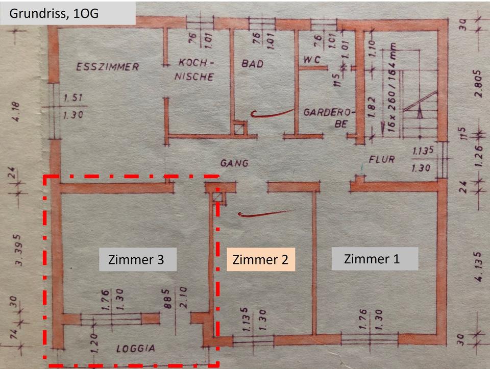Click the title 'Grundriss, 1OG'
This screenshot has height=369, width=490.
[54, 13]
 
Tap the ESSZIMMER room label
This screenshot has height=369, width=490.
[107, 67]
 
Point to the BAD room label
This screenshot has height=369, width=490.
[252, 64]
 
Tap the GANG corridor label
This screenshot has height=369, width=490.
[234, 163]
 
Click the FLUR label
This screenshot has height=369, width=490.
[382, 159]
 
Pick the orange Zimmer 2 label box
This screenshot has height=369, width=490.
[260, 259]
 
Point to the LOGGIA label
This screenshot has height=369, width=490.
[135, 349]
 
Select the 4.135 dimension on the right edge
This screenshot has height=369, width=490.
[477, 265]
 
